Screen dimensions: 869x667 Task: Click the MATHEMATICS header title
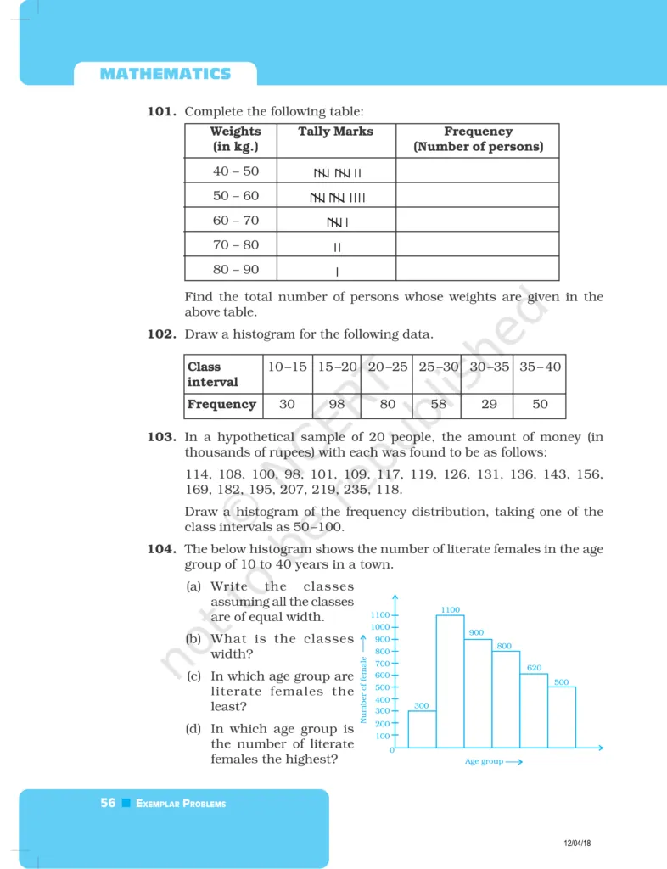165,74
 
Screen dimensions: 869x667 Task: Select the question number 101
162,111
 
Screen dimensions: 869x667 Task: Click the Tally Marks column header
336,132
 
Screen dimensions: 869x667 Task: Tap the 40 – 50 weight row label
235,171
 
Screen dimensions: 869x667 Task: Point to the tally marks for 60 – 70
338,222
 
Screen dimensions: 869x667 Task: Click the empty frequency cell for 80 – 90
477,270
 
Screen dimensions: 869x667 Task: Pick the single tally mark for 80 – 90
338,272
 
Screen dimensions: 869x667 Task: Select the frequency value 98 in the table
337,405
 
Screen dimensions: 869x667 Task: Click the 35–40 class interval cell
540,367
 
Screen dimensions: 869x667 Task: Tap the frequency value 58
438,405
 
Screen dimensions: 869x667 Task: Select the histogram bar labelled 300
422,729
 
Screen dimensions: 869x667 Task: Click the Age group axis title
485,762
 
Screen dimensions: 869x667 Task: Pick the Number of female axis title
363,689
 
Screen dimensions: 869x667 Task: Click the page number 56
108,803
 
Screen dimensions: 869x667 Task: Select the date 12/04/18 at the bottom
577,842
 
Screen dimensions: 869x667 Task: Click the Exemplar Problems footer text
181,804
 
